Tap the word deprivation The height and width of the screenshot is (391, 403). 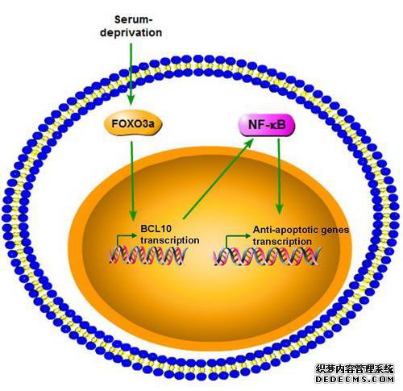click(131, 33)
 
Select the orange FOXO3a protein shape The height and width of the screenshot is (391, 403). click(133, 124)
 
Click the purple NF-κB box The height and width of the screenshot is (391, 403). click(267, 125)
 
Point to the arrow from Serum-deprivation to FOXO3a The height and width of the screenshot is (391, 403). click(131, 74)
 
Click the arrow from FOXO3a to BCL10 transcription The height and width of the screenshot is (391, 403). click(132, 181)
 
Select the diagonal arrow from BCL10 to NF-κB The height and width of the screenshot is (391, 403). click(218, 178)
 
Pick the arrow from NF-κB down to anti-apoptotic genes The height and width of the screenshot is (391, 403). click(279, 177)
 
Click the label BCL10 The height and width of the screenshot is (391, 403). click(156, 229)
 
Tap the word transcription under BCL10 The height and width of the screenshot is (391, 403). click(170, 240)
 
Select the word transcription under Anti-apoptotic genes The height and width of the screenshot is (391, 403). click(282, 242)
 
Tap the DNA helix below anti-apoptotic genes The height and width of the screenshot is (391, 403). click(267, 256)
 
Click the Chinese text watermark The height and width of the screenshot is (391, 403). click(355, 369)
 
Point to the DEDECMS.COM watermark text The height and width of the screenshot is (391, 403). click(355, 379)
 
